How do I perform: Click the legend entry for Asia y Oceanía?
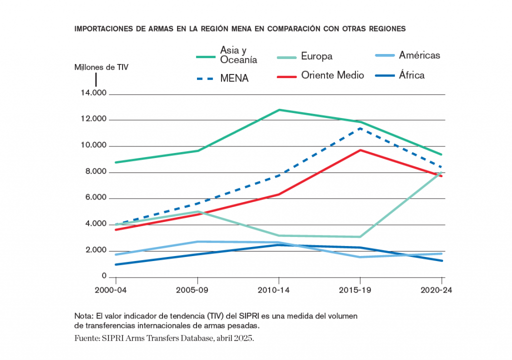pos(238,55)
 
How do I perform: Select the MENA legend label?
pos(234,78)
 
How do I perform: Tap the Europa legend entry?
pos(316,56)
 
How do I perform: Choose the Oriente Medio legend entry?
pos(332,75)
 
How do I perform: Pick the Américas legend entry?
pos(419,55)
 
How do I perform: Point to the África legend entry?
pos(411,75)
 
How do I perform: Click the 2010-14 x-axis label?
pos(278,290)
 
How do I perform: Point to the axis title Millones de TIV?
pos(101,66)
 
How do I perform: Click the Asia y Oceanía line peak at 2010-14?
pos(278,109)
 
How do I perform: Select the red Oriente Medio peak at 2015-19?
pos(360,150)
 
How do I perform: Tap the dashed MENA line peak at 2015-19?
pos(360,128)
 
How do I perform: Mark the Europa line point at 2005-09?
pos(198,211)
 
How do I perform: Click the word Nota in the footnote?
pos(84,316)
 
